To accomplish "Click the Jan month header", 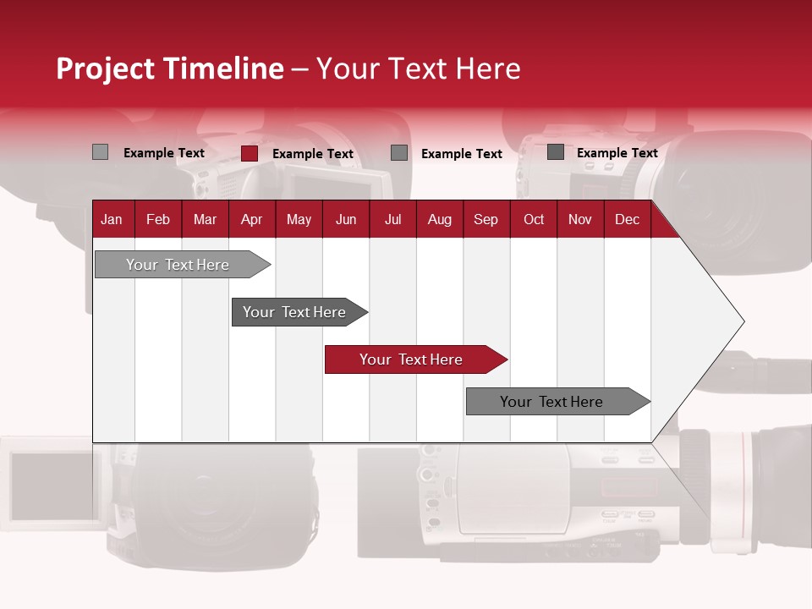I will [112, 220].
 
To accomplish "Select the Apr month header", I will [251, 220].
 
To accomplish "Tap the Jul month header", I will [392, 220].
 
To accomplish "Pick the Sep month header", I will [486, 220].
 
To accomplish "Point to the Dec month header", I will [627, 220].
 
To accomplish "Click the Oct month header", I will [534, 220].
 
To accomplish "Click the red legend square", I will [249, 153].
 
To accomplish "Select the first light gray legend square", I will [100, 152].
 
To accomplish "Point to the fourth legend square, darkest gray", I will [556, 152].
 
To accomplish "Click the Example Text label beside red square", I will [312, 154].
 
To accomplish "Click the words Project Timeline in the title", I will [169, 69].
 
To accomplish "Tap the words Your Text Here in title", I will [418, 69].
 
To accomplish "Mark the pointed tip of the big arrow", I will [743, 321].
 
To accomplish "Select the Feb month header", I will [158, 220].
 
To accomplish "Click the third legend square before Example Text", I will [399, 153].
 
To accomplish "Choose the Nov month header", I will [580, 220].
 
